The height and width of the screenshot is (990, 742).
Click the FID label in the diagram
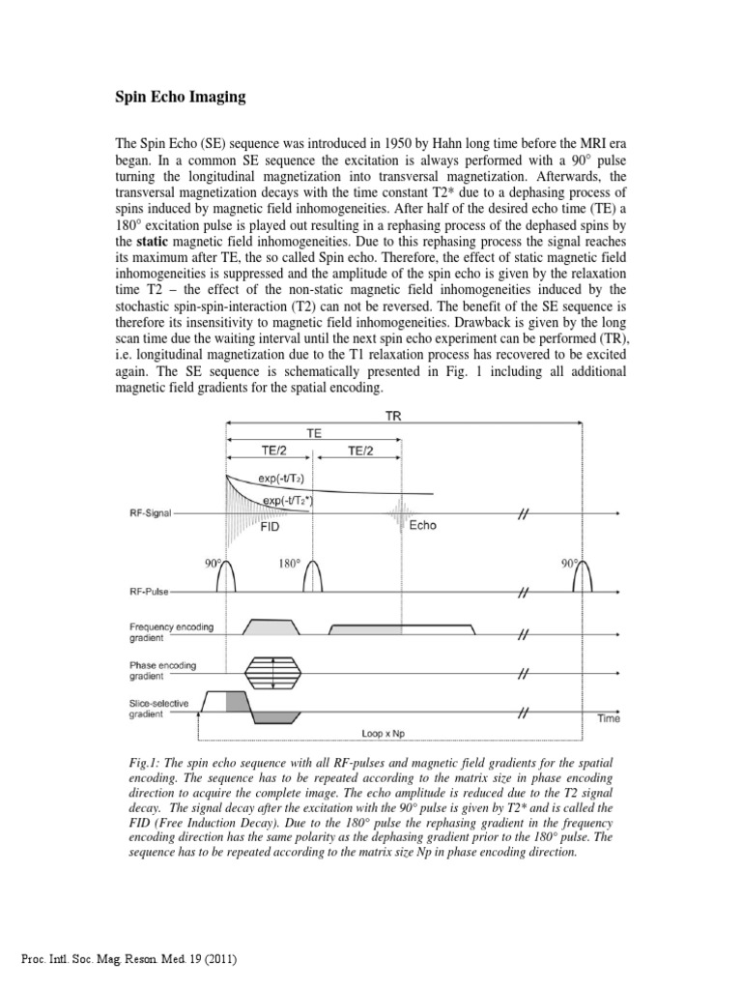click(271, 529)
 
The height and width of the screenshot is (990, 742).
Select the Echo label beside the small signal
click(422, 526)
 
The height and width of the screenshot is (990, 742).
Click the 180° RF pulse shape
click(314, 578)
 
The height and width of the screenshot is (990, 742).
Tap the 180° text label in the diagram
click(290, 563)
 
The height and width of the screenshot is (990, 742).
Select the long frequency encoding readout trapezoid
click(402, 627)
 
